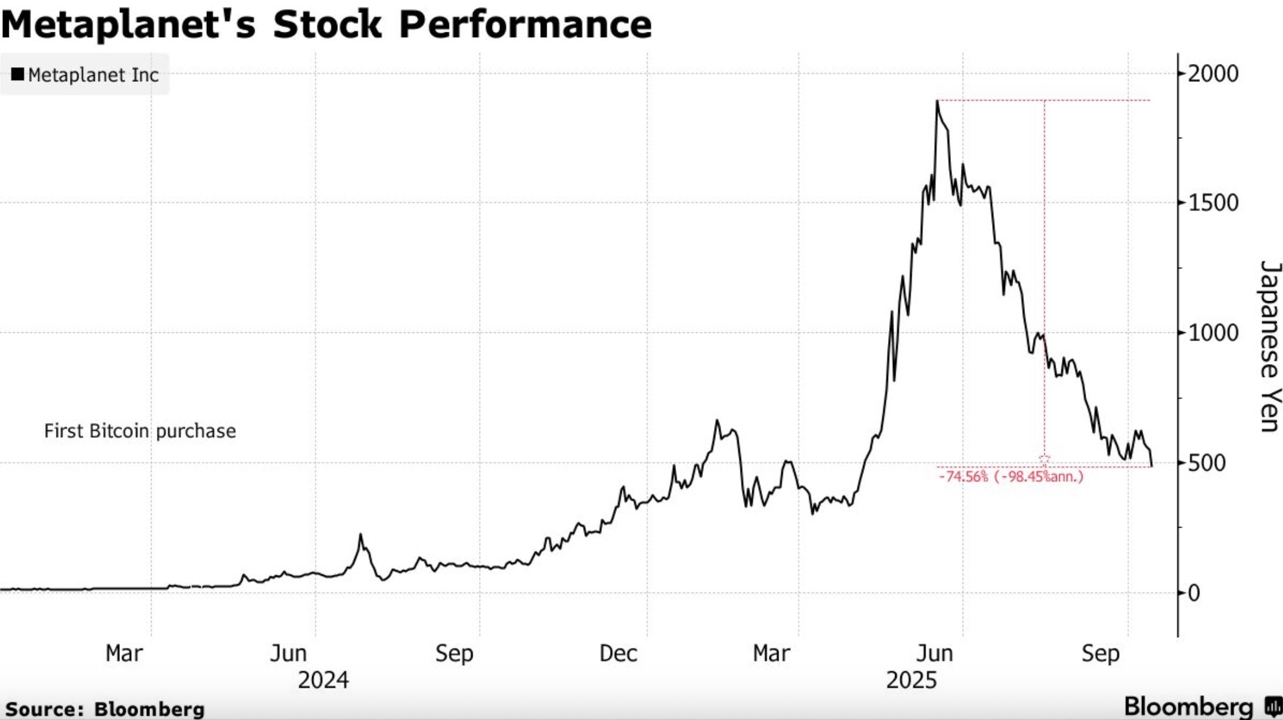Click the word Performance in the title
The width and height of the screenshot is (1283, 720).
pyautogui.click(x=525, y=25)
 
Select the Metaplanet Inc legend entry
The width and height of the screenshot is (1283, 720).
pyautogui.click(x=85, y=75)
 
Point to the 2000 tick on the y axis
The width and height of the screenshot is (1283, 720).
pyautogui.click(x=1212, y=74)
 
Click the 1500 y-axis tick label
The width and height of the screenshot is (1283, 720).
pyautogui.click(x=1212, y=203)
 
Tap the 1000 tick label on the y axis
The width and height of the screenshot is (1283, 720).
pyautogui.click(x=1212, y=333)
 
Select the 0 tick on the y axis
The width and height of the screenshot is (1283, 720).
pyautogui.click(x=1194, y=593)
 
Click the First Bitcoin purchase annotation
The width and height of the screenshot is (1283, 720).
pyautogui.click(x=140, y=431)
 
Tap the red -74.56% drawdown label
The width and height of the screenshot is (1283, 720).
pyautogui.click(x=1011, y=476)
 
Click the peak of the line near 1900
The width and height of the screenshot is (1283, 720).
pyautogui.click(x=937, y=101)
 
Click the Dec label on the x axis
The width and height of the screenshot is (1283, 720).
pyautogui.click(x=618, y=654)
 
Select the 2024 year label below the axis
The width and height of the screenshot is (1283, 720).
pyautogui.click(x=323, y=681)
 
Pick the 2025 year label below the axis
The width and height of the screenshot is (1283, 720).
pyautogui.click(x=911, y=681)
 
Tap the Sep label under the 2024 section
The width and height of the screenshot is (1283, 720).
pyautogui.click(x=454, y=654)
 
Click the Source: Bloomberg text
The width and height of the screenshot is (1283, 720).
pyautogui.click(x=105, y=709)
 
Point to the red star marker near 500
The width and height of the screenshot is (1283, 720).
pyautogui.click(x=1044, y=459)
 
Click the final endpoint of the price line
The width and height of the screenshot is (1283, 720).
pyautogui.click(x=1152, y=466)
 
